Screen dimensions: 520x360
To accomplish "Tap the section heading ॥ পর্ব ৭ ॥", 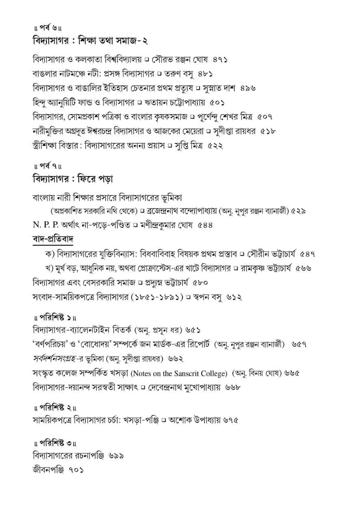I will (47, 166).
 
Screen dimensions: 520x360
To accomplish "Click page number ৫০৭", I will (264, 117).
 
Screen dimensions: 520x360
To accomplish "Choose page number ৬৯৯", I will (116, 455).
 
